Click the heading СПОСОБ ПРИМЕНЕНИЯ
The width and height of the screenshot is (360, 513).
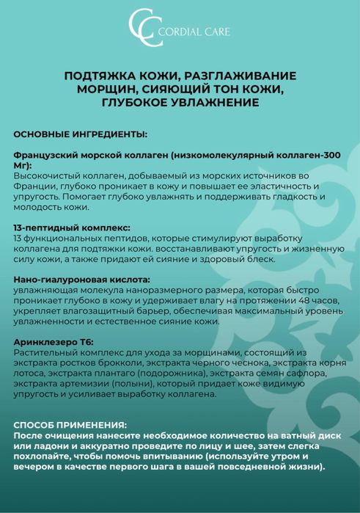point(70,425)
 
